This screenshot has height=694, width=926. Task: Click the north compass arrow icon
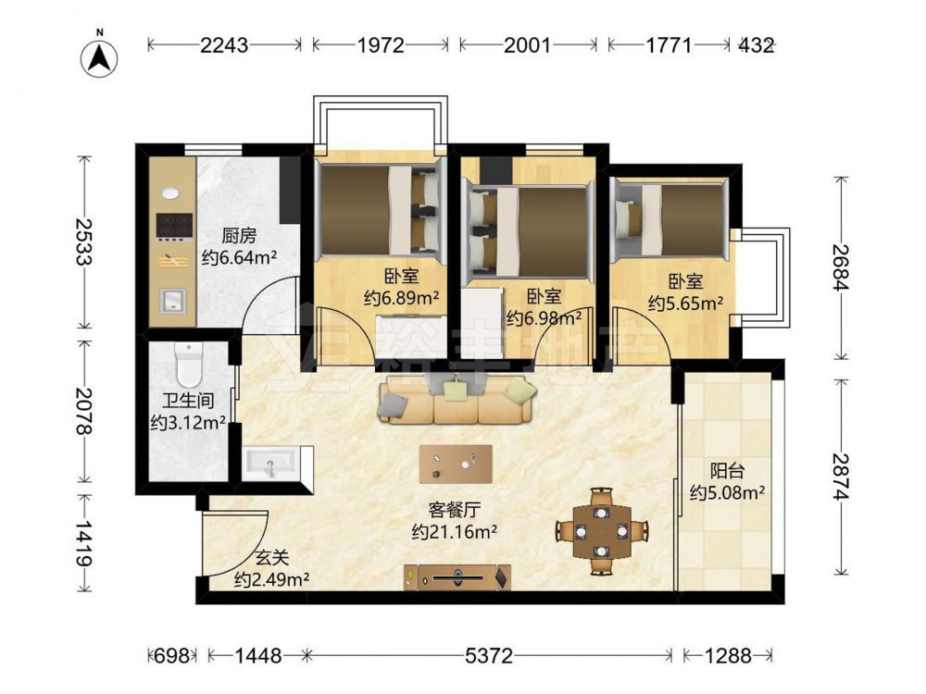pos(99,57)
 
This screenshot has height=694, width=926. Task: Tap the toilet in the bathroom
pos(189,364)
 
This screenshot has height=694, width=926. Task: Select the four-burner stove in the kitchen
pos(174,228)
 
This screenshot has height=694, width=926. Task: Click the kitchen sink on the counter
pos(173,301)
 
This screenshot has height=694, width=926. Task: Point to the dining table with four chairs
pos(602,531)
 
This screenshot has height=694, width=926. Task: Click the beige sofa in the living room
pos(457,400)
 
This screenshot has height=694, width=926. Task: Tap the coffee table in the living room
pos(456,464)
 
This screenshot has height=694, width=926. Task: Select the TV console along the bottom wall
pos(457,577)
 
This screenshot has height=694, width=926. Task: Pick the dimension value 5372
pos(489,656)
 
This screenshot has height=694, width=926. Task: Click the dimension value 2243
pos(224,44)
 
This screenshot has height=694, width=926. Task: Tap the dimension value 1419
pos(85,543)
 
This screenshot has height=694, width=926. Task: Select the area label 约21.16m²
pos(454,532)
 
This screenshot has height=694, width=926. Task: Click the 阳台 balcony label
pos(727,472)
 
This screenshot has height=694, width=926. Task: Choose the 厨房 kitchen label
pos(239,236)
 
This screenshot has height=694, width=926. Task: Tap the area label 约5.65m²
pos(685,304)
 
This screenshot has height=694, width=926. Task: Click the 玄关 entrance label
pos(272,557)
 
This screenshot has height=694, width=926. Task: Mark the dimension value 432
pos(756,44)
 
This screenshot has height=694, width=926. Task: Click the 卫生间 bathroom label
pos(188,401)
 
